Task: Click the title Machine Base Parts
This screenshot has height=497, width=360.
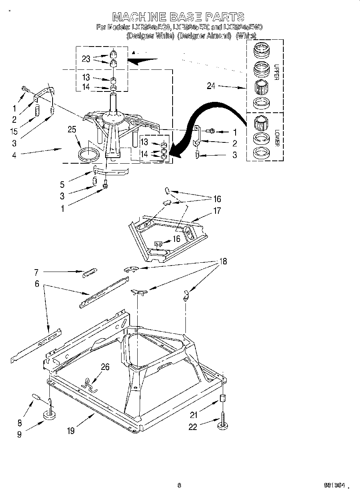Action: (x=178, y=16)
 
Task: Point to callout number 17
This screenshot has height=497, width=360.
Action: (x=217, y=210)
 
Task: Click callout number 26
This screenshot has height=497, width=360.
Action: (x=105, y=367)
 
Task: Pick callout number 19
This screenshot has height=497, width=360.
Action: (x=71, y=431)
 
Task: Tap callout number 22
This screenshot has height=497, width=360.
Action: (x=193, y=427)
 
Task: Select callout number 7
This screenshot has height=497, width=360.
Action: (x=36, y=272)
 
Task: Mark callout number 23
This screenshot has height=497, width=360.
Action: (x=86, y=59)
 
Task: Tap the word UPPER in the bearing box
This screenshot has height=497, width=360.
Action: (x=277, y=72)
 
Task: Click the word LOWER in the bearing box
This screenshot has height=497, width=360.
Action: (x=277, y=138)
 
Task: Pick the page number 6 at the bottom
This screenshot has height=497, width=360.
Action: (x=179, y=485)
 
